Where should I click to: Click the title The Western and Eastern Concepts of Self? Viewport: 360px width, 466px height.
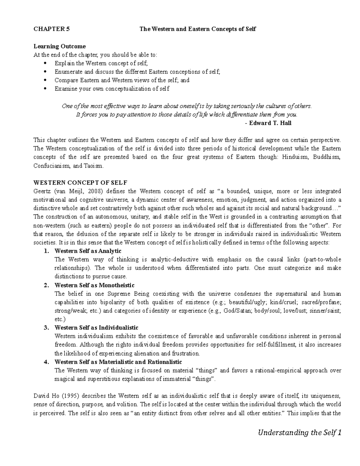[198, 29]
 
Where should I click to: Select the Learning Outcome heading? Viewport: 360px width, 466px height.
[59, 46]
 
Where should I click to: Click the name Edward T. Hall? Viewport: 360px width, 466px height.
[270, 123]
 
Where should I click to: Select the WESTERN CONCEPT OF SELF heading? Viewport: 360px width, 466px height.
[80, 183]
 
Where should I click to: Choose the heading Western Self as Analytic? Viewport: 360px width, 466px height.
[88, 251]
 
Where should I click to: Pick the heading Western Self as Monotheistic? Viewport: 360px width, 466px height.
[94, 285]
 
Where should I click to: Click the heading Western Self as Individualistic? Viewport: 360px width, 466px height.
[96, 328]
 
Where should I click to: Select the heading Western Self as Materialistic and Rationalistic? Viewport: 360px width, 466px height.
[118, 362]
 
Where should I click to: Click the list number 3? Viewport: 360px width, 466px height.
[46, 328]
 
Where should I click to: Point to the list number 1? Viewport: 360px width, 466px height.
[46, 251]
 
